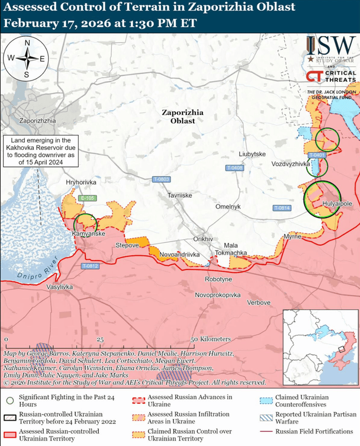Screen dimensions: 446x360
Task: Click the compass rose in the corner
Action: [x=27, y=58]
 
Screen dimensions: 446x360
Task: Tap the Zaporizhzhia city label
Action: [x=37, y=121]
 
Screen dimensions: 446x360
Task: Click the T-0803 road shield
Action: [x=161, y=179]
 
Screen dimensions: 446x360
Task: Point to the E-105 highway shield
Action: [x=87, y=198]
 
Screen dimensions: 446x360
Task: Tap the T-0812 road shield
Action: [x=91, y=267]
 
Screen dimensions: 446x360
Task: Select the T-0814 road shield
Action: [x=282, y=208]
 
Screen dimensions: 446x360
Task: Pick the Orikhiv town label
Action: [x=203, y=239]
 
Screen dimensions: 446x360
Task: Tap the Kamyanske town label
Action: [x=88, y=234]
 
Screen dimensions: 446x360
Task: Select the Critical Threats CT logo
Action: [x=314, y=77]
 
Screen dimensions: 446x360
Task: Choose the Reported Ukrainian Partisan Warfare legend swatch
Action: [x=266, y=418]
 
